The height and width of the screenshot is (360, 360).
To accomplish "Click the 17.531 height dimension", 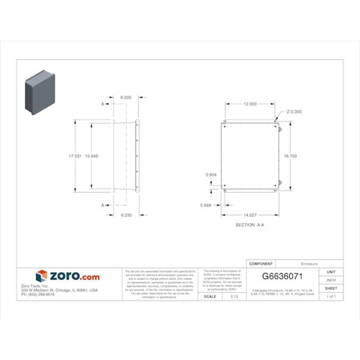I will (x=75, y=157).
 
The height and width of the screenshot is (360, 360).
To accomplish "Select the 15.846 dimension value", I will (x=92, y=157).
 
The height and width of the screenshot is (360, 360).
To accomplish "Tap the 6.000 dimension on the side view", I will (x=126, y=98).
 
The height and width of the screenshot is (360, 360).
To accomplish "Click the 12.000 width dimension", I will (x=250, y=104).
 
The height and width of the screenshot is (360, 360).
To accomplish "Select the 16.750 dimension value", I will (x=290, y=157).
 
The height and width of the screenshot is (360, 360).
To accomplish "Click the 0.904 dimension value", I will (x=211, y=175).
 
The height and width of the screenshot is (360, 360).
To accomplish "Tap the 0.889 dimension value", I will (x=206, y=205).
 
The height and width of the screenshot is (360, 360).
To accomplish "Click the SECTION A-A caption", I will (x=250, y=225).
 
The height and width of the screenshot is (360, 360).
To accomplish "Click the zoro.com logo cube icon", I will (x=41, y=276).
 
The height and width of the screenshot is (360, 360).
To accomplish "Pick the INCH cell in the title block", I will (x=331, y=279).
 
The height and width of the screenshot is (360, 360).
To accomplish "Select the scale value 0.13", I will (x=234, y=297).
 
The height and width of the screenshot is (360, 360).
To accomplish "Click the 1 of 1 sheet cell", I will (x=331, y=297).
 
